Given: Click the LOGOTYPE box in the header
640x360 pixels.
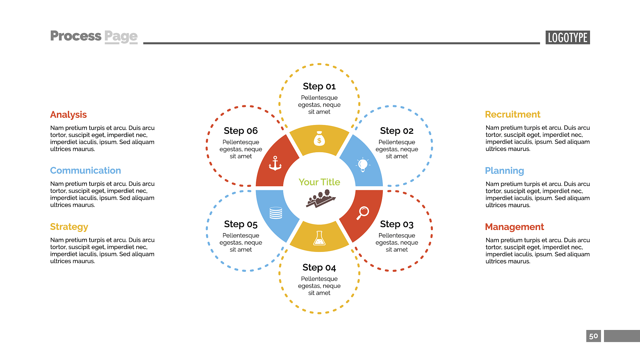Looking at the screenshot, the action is [x=567, y=37].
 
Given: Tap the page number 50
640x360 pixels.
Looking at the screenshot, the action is [x=593, y=336].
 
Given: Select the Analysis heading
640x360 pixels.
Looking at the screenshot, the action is [x=68, y=115].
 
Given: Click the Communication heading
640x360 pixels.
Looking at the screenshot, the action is [x=85, y=170].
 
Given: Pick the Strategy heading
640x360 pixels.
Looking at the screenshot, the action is [x=69, y=227].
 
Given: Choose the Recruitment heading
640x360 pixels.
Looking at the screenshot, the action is [x=512, y=114].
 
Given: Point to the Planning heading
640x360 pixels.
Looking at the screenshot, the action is [x=504, y=171].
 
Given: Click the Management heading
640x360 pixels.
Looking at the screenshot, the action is [x=514, y=227].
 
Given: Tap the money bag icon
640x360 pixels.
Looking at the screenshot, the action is [x=319, y=138].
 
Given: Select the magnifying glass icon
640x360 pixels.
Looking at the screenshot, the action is [x=363, y=213].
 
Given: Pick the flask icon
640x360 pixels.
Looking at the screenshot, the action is [x=319, y=238].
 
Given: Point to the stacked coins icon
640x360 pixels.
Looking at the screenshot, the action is [x=276, y=213].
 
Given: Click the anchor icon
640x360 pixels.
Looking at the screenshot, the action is [x=275, y=163].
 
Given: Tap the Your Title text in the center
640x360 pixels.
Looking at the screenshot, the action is [x=319, y=182].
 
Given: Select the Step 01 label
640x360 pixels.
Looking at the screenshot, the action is [x=319, y=86].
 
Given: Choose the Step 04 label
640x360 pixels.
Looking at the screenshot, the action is [x=319, y=267].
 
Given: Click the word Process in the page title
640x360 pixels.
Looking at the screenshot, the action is [x=76, y=36].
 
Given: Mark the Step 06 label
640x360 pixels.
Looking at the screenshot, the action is [x=241, y=131].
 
